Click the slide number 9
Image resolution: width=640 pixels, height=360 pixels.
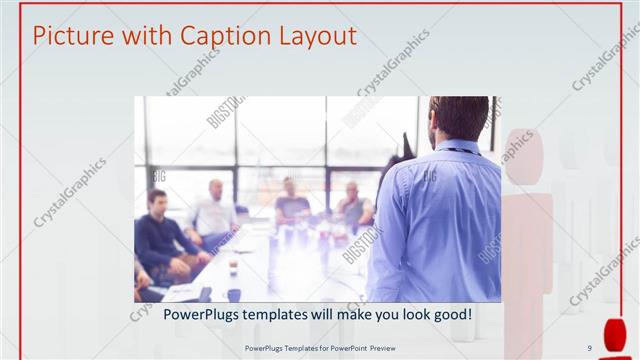point(589,348)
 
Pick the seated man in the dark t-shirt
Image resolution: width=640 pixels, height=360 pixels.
point(291,205)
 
